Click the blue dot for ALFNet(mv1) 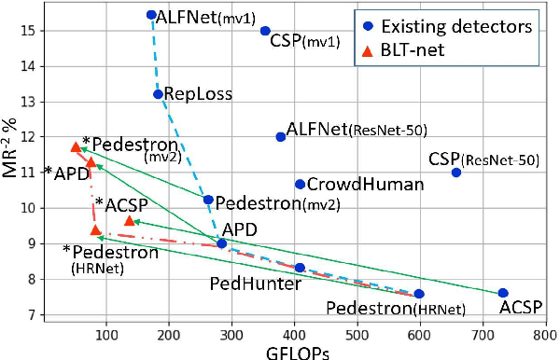[151, 15]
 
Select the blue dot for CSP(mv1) [265, 31]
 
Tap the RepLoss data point [158, 94]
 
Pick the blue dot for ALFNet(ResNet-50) [280, 137]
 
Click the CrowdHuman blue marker [300, 185]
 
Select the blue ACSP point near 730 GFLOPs [503, 294]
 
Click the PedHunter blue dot [300, 268]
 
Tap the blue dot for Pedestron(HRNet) [419, 294]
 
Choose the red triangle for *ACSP [130, 220]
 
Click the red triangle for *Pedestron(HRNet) [95, 229]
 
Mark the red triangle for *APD [91, 162]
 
